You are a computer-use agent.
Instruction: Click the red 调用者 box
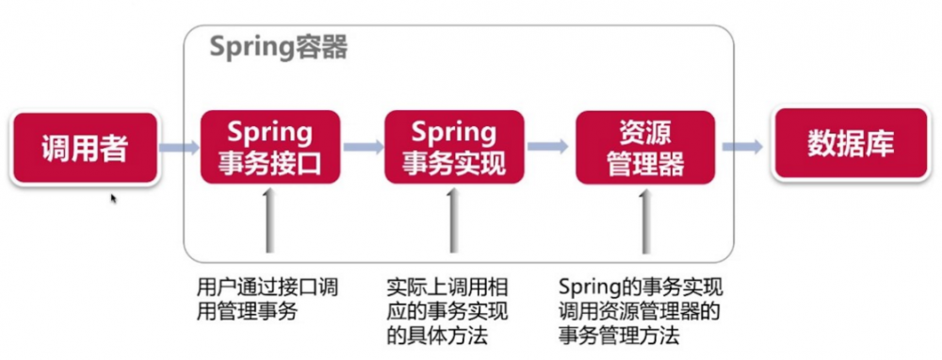click(85, 148)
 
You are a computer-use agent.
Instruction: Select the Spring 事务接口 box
click(269, 147)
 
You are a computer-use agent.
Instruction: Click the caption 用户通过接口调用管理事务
click(268, 299)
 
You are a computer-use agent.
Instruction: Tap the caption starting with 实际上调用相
click(448, 311)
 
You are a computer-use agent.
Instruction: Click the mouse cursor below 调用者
click(114, 199)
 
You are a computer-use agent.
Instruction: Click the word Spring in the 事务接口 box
click(269, 130)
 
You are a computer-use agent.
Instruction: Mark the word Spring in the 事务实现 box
click(454, 130)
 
